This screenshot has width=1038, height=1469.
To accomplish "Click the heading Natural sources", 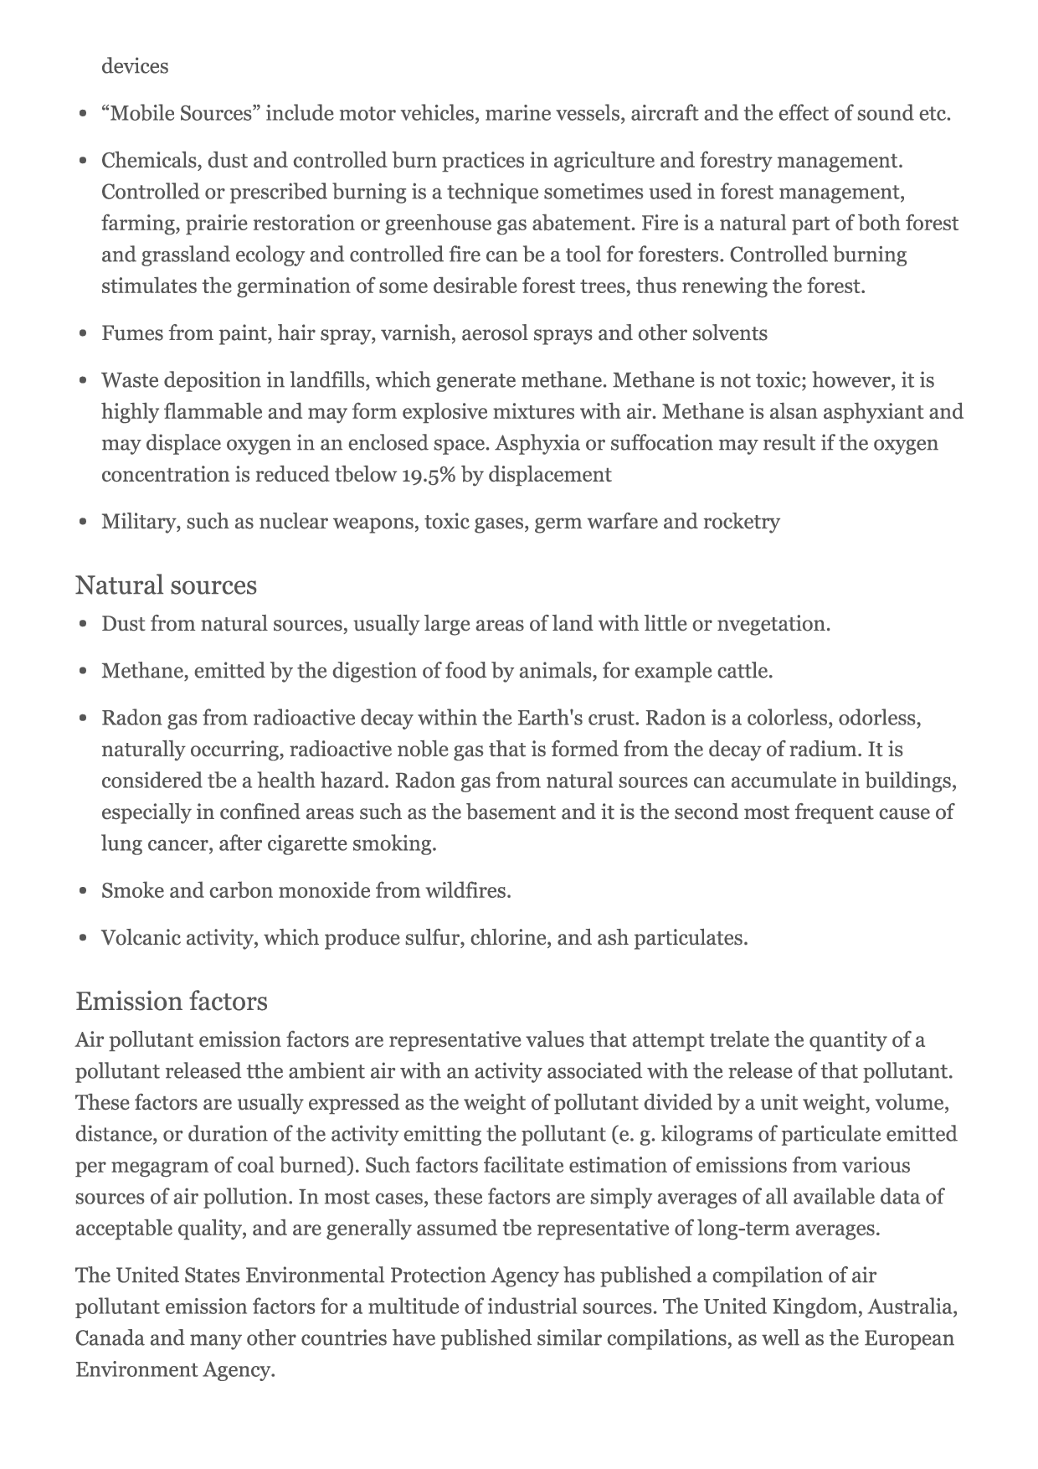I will [x=166, y=585].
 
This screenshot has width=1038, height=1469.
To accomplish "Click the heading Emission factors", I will [x=172, y=1001].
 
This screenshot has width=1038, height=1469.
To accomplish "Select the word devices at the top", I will [x=135, y=66].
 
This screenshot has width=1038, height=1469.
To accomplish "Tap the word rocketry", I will [x=741, y=522].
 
